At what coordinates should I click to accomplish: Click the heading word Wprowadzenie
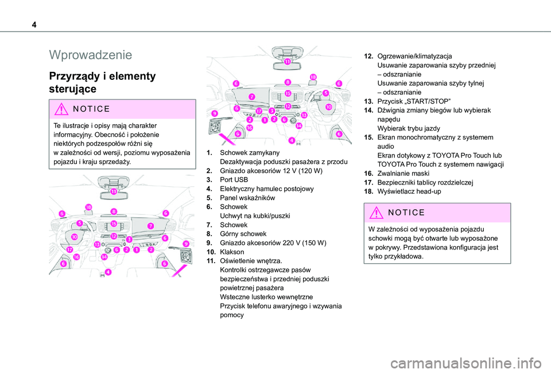point(91,55)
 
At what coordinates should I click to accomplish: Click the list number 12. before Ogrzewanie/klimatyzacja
point(370,56)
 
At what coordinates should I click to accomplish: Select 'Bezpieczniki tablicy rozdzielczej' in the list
point(428,182)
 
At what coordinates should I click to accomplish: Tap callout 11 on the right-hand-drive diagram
point(287,61)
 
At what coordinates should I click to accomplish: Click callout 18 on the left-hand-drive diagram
point(88,207)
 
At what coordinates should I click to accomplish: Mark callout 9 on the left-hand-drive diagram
point(185,244)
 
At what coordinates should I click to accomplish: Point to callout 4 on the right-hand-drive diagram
point(292,140)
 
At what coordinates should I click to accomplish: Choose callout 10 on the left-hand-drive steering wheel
point(75,236)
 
